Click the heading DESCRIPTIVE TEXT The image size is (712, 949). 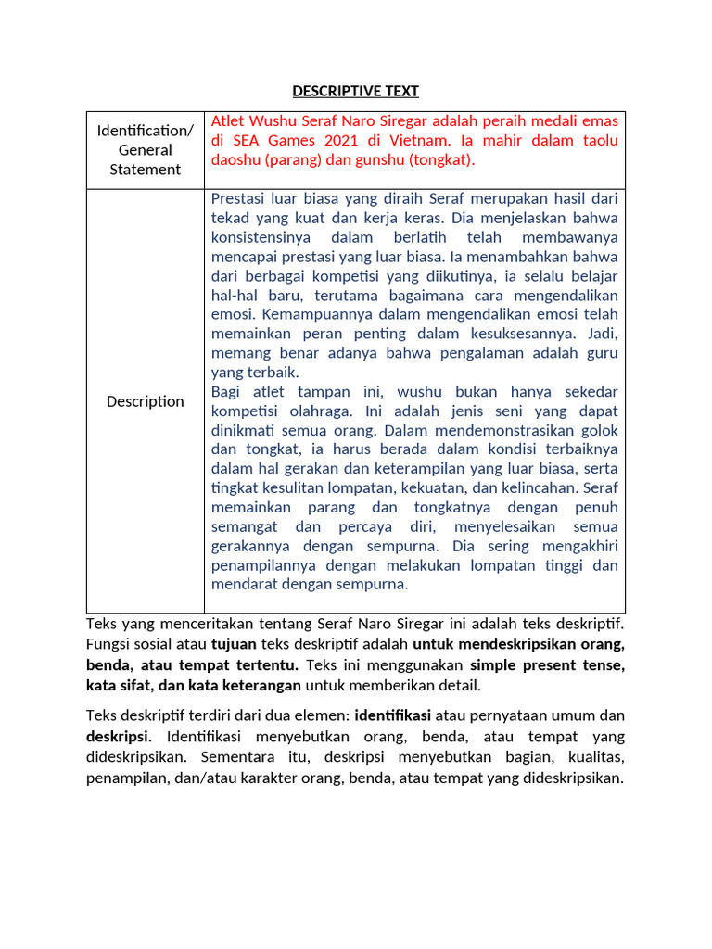coord(355,91)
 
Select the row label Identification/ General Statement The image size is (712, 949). coord(145,150)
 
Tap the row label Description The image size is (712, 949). coord(145,401)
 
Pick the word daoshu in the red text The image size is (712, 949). coord(236,159)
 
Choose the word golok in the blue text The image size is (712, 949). coord(597,430)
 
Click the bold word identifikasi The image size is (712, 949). coord(396,715)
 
